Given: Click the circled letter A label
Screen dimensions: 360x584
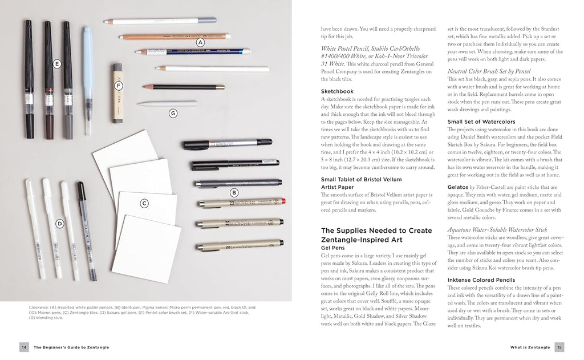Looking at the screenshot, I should (200, 42).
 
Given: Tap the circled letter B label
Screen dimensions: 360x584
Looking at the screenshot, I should (234, 193).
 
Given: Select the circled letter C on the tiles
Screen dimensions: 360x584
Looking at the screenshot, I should (144, 203).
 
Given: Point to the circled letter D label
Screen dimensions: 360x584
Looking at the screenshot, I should (59, 223).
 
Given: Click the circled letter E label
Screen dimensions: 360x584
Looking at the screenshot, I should (57, 64).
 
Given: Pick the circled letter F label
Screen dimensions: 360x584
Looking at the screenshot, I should (119, 86).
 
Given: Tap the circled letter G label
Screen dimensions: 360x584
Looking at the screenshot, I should (173, 113).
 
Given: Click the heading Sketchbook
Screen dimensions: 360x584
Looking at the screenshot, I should (338, 91).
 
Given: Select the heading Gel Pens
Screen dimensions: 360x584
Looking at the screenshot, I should (334, 248).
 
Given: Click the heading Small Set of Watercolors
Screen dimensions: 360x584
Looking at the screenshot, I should (481, 122).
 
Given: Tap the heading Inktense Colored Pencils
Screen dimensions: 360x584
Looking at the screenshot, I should (482, 280).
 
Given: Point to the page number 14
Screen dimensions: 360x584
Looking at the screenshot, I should (24, 347).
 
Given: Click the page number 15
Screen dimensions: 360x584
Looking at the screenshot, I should (559, 347).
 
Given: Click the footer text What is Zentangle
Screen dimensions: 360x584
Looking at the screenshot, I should (530, 347).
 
